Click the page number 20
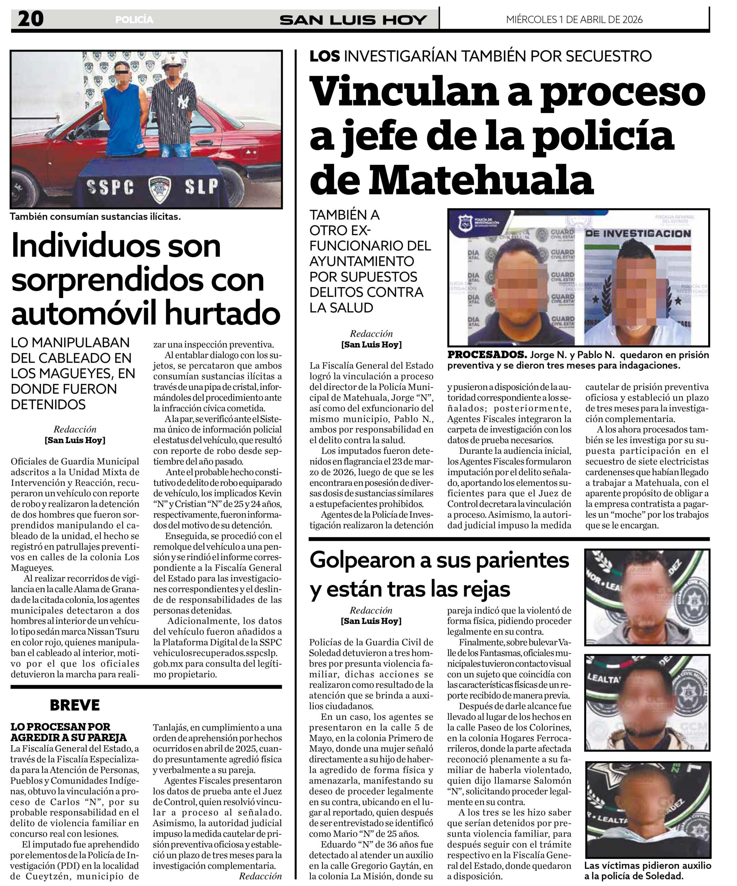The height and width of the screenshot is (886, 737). (30, 19)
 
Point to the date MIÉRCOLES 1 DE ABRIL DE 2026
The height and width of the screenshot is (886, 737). (574, 19)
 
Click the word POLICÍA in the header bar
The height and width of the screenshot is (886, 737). (134, 20)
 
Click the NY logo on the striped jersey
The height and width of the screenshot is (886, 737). (183, 102)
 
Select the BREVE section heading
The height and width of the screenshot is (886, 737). (75, 705)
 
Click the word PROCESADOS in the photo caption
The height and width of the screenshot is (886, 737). (487, 354)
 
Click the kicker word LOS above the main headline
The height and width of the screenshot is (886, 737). (324, 56)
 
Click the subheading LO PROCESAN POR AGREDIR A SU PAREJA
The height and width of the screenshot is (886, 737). (69, 732)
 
